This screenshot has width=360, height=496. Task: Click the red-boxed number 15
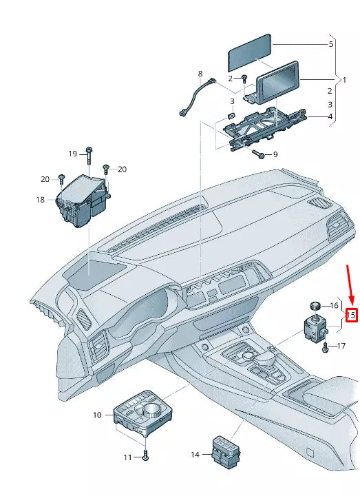coord(351,316)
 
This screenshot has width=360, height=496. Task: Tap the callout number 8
coord(200,74)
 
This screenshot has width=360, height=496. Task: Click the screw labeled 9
coord(259,154)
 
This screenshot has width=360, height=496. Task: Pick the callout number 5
coord(330,44)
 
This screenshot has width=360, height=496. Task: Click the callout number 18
coord(40,200)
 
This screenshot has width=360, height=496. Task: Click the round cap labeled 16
coord(315,304)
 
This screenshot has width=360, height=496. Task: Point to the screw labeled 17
coord(325,347)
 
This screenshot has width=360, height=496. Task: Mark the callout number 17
coord(340,347)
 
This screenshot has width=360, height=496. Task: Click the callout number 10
coord(97,415)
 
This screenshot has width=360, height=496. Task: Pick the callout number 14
coord(195,455)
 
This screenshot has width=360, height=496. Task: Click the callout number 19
coord(72,153)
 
